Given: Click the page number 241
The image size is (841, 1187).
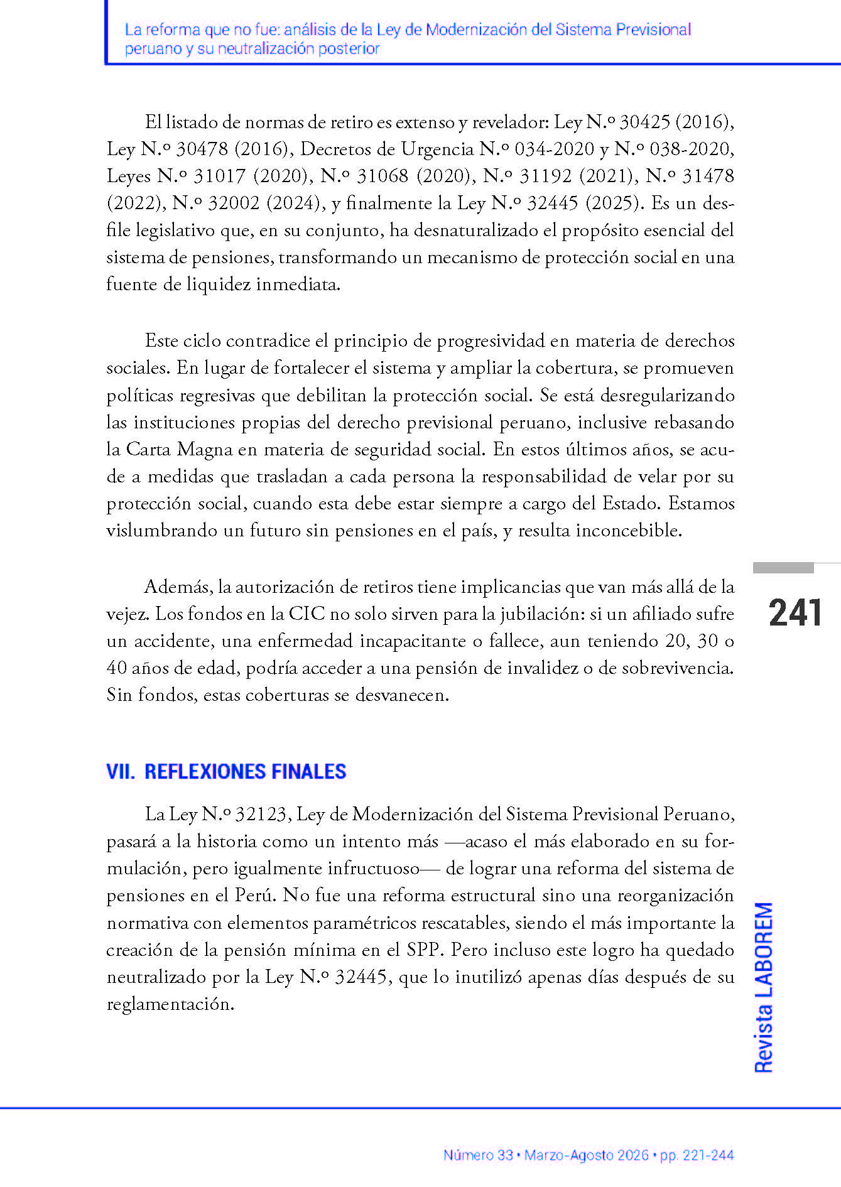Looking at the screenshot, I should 795,613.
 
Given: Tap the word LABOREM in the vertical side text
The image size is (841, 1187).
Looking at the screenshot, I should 763,949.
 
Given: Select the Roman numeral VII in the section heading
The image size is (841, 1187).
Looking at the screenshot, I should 120,772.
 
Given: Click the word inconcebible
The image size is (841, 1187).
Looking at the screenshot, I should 629,531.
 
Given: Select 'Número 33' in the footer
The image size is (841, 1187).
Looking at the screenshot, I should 478,1155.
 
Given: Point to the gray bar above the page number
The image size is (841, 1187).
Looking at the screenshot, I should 783,568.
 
